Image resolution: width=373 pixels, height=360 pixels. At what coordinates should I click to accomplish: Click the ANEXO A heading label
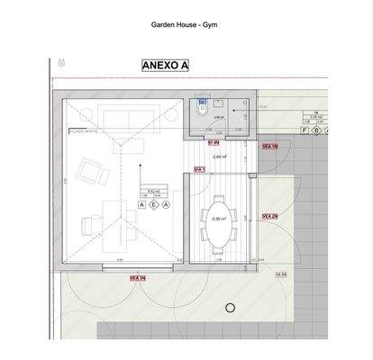(x=165, y=65)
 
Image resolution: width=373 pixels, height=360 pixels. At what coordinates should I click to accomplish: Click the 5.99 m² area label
(x=217, y=220)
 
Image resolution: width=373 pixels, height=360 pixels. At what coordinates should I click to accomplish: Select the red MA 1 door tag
(x=200, y=169)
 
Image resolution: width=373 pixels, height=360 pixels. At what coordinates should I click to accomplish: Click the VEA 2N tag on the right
(x=268, y=216)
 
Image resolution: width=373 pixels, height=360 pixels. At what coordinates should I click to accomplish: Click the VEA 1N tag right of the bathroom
(x=268, y=145)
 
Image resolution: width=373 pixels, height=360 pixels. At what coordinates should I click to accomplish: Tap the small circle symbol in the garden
(x=230, y=309)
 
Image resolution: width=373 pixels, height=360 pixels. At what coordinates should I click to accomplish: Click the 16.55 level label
(x=280, y=274)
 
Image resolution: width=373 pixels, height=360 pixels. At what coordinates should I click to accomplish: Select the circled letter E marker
(x=154, y=206)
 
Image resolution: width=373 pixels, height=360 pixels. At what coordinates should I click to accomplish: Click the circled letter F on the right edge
(x=305, y=130)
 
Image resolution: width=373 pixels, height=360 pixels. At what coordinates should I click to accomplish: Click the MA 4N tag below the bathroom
(x=214, y=142)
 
